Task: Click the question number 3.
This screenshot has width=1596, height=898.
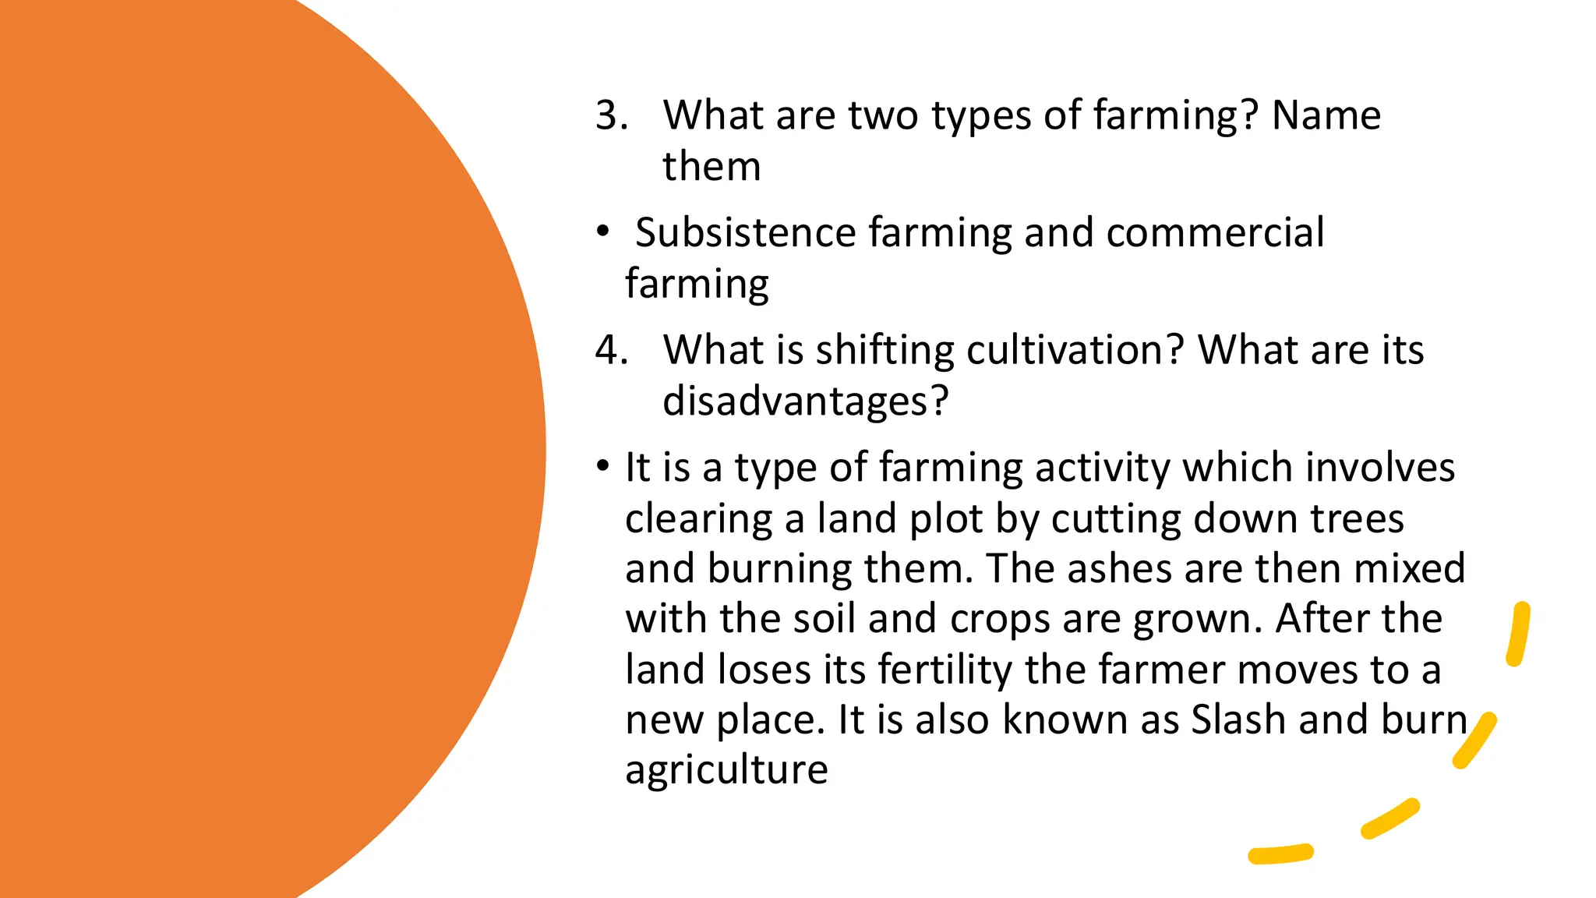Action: [612, 115]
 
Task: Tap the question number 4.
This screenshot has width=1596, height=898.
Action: [612, 350]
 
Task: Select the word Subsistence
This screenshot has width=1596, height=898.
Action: [746, 232]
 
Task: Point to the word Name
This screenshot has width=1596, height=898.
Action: [1326, 115]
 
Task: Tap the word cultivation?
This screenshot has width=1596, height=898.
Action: [1075, 350]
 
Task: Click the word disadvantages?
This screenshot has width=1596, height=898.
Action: [805, 401]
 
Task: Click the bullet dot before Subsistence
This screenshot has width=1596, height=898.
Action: [602, 232]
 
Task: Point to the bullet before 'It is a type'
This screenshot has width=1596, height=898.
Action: [602, 467]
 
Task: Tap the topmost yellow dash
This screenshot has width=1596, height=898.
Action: [1518, 634]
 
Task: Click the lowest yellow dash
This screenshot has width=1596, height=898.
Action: [1280, 854]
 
